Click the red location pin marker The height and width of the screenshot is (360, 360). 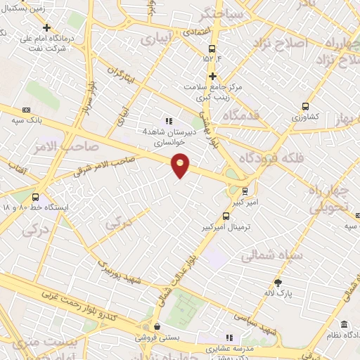[x=181, y=165]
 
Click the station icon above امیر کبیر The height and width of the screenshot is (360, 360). [x=245, y=190]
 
